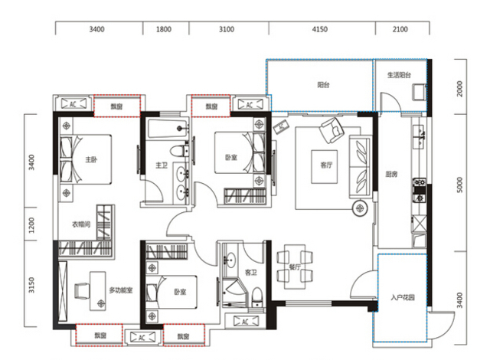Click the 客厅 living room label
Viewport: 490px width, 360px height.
click(326, 165)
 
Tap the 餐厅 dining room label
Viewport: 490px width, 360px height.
click(295, 267)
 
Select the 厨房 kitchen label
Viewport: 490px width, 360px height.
click(391, 174)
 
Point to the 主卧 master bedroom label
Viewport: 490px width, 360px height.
click(91, 159)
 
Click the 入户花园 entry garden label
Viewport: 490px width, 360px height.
click(403, 297)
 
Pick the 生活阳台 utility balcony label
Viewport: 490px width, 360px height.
click(399, 75)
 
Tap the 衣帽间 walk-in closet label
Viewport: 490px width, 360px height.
click(81, 224)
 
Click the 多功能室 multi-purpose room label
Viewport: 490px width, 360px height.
click(121, 290)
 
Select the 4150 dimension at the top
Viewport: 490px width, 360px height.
click(320, 29)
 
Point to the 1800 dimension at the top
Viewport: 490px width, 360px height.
click(164, 29)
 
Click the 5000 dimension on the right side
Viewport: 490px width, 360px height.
click(459, 185)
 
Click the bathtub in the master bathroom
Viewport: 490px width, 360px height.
click(168, 129)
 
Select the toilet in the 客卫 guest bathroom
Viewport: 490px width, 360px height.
click(257, 297)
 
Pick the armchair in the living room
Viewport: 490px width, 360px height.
click(332, 130)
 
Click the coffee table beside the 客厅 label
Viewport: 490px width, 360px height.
click(324, 167)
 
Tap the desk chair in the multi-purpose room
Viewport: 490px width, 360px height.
click(82, 291)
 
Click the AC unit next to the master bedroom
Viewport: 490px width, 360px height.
click(73, 103)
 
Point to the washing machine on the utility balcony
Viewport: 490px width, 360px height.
click(419, 92)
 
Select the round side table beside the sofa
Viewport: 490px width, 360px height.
click(361, 208)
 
